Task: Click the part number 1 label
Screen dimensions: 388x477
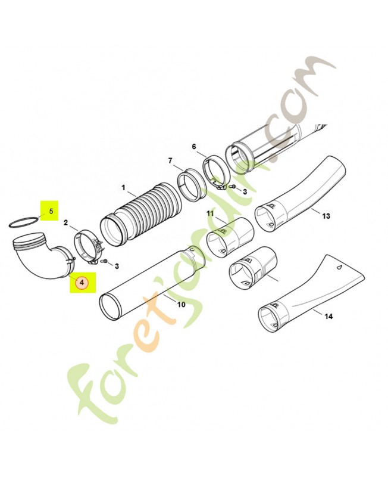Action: pyautogui.click(x=123, y=188)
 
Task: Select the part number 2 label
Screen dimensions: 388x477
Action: pyautogui.click(x=66, y=222)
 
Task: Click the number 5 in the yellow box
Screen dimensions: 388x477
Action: pyautogui.click(x=51, y=210)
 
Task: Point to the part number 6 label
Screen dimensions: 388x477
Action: pyautogui.click(x=194, y=147)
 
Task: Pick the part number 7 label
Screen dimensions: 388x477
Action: pyautogui.click(x=170, y=160)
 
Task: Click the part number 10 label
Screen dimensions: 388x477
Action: pyautogui.click(x=181, y=304)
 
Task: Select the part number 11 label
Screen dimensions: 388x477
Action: pyautogui.click(x=210, y=213)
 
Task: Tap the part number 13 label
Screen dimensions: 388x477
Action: pyautogui.click(x=326, y=216)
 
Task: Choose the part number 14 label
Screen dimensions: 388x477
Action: pyautogui.click(x=328, y=317)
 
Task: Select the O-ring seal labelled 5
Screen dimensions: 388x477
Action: pyautogui.click(x=24, y=222)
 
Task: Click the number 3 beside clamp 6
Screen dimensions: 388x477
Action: pyautogui.click(x=245, y=191)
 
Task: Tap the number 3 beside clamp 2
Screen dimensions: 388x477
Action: pyautogui.click(x=117, y=266)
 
